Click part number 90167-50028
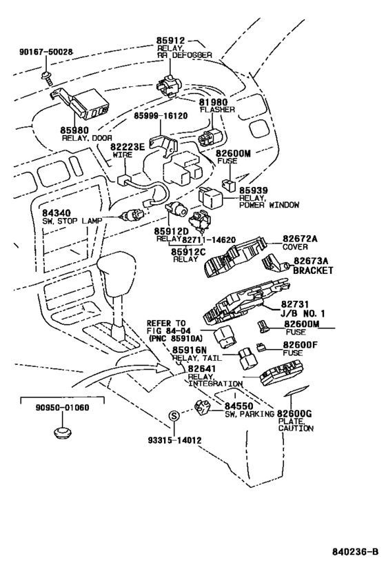pyautogui.click(x=45, y=52)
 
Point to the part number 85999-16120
pyautogui.click(x=161, y=116)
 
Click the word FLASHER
pyautogui.click(x=217, y=110)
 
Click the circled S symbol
pyautogui.click(x=174, y=416)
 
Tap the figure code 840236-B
pyautogui.click(x=355, y=552)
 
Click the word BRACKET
pyautogui.click(x=313, y=270)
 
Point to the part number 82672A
pyautogui.click(x=300, y=239)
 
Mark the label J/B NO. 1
pyautogui.click(x=303, y=313)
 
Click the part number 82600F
pyautogui.click(x=301, y=345)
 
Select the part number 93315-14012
pyautogui.click(x=174, y=440)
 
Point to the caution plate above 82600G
pyautogui.click(x=296, y=390)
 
